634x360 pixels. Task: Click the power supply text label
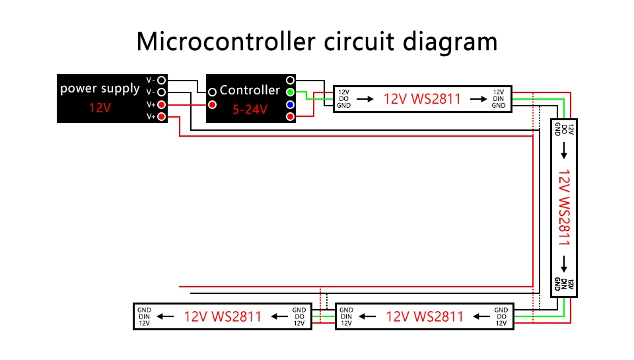[100, 88]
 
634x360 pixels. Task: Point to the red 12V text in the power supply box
[100, 108]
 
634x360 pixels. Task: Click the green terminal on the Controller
[290, 92]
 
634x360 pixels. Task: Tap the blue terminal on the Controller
[290, 105]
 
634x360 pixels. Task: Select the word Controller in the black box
[250, 90]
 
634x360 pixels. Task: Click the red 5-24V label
[250, 110]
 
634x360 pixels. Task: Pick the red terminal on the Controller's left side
[213, 104]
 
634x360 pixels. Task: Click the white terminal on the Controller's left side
[213, 92]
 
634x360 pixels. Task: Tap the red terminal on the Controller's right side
[290, 117]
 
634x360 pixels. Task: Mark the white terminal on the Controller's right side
[290, 80]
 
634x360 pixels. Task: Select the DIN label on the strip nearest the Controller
[499, 98]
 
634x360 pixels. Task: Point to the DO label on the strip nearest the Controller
[343, 98]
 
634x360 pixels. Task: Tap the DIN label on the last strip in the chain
[145, 316]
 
